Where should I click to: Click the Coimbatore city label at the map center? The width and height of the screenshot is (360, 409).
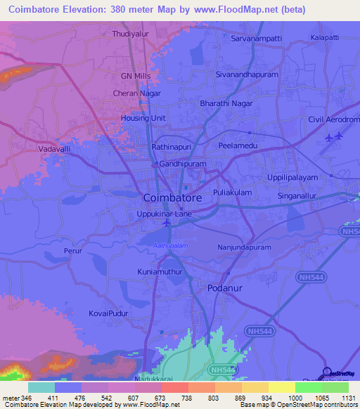pos(172,198)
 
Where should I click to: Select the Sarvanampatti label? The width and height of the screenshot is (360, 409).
pos(257,39)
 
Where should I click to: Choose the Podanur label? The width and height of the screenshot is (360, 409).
pos(226,289)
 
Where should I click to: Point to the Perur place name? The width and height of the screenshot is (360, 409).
pos(73,250)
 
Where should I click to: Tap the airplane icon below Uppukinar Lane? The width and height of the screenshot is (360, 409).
pos(167,223)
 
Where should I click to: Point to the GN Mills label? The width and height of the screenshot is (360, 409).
pos(136,75)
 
